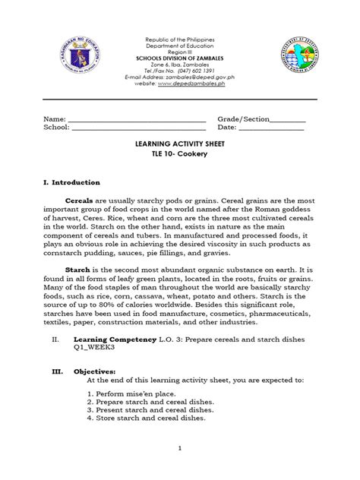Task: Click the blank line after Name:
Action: pyautogui.click(x=137, y=120)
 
